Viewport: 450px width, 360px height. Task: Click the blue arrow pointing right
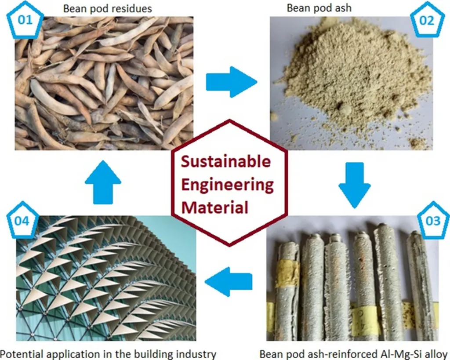click(231, 82)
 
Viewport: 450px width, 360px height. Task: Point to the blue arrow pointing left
click(229, 281)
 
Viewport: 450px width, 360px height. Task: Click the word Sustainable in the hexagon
click(226, 162)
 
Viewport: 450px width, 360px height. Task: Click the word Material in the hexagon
click(215, 207)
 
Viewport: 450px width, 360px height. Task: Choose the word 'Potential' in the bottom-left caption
click(19, 353)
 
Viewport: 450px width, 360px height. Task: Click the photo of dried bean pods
click(104, 84)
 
